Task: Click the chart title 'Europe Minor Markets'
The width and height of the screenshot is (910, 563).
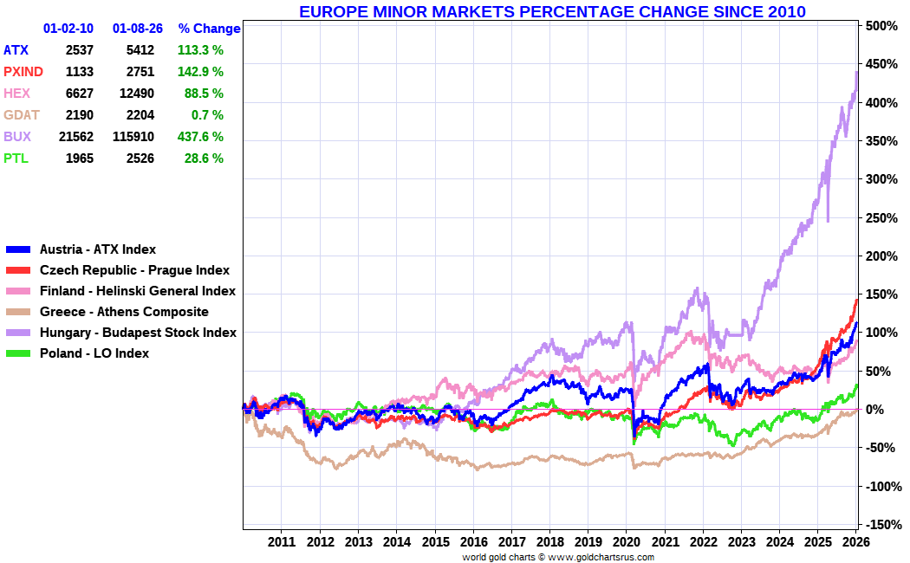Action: (x=552, y=11)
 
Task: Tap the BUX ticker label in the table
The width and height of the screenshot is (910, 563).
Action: (x=17, y=137)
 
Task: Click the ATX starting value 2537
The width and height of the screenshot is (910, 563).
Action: (x=79, y=50)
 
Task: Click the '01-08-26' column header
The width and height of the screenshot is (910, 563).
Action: (x=138, y=29)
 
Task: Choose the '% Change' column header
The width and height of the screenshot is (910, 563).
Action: (x=209, y=29)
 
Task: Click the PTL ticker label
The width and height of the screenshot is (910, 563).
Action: (x=16, y=159)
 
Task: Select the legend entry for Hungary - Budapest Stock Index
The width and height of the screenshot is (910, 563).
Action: (x=138, y=333)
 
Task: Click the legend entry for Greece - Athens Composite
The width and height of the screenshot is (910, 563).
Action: (x=124, y=312)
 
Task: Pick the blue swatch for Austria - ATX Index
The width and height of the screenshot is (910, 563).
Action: (x=19, y=249)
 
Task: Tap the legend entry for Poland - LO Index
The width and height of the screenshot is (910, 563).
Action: (x=94, y=353)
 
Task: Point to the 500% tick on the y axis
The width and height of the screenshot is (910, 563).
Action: (x=881, y=26)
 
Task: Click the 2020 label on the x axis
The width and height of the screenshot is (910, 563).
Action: (x=626, y=542)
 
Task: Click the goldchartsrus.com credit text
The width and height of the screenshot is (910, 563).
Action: (x=558, y=557)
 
